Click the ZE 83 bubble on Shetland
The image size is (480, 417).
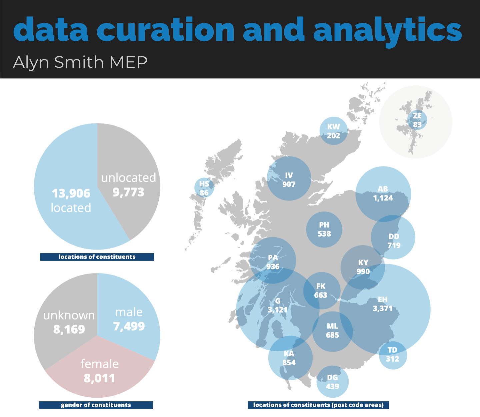coord(417,120)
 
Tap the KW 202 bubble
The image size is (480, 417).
coord(333,131)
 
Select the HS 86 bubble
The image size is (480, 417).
coord(204,188)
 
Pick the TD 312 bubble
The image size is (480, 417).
coord(393,355)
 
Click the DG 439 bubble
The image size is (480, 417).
coord(332,382)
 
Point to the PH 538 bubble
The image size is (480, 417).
coord(324,230)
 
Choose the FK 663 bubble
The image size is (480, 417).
coord(321,291)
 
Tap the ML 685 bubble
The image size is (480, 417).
coord(332,331)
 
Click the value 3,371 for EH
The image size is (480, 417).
coord(383,308)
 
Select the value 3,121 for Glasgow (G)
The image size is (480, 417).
coord(277,310)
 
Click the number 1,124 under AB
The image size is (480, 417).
coord(383,198)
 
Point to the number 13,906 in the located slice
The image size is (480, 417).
coord(71,193)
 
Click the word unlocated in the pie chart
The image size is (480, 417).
coord(128,178)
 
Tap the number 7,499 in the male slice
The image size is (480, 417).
coord(129,326)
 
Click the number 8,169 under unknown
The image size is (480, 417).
coord(69,330)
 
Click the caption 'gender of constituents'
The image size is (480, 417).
coord(96,405)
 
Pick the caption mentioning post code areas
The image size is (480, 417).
coord(318,405)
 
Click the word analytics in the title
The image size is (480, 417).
coord(387,31)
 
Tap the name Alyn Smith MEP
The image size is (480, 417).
coord(80,62)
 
